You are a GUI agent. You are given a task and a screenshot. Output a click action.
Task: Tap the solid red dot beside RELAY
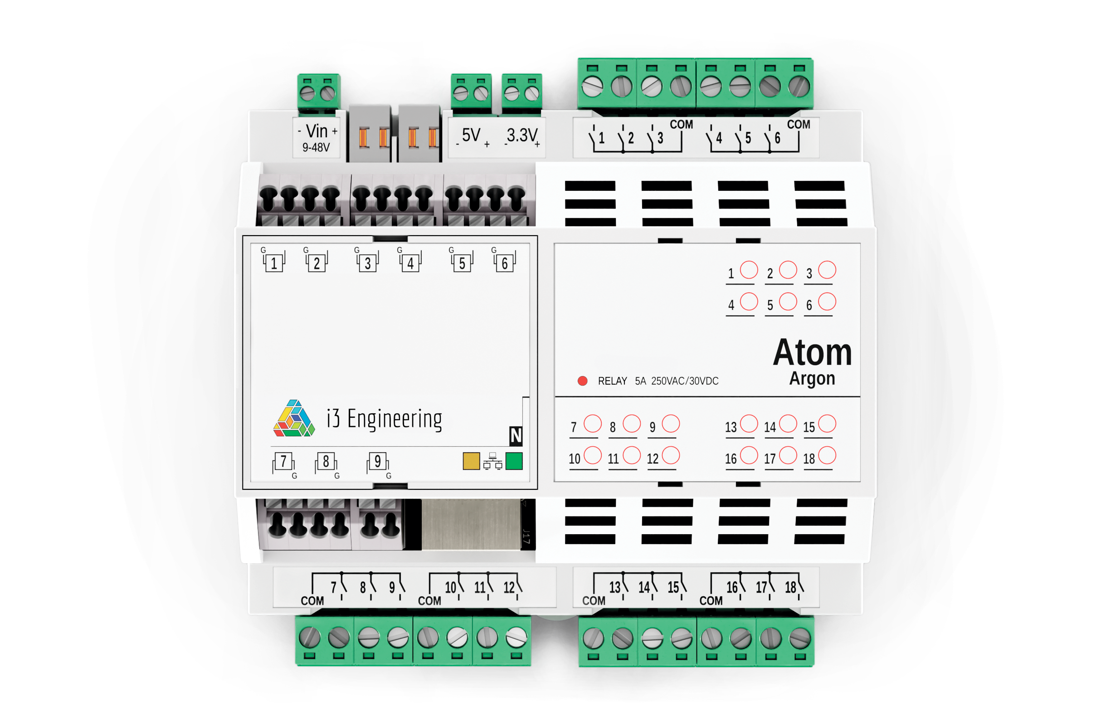(583, 381)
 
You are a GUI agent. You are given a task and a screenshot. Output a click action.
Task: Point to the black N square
(516, 436)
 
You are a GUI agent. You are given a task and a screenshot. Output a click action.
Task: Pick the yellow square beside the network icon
(472, 461)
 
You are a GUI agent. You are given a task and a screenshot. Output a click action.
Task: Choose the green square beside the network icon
(514, 461)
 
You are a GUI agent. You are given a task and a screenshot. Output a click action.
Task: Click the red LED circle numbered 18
(827, 455)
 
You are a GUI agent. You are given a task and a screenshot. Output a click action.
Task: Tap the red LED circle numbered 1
(749, 270)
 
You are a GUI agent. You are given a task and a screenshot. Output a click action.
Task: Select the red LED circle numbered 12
(671, 455)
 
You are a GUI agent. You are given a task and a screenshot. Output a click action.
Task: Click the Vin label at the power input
(317, 131)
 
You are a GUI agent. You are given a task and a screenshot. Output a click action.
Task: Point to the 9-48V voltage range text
(316, 147)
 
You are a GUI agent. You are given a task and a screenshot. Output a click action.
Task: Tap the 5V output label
(471, 135)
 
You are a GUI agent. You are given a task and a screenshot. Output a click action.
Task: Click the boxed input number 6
(505, 264)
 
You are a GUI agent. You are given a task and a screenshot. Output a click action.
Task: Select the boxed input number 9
(378, 461)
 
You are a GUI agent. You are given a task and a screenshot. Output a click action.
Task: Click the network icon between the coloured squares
(492, 461)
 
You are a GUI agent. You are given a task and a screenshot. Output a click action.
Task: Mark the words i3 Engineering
(384, 419)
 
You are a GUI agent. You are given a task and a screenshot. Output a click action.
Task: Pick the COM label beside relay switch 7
(312, 601)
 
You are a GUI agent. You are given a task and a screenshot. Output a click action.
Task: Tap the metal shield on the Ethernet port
(471, 524)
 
